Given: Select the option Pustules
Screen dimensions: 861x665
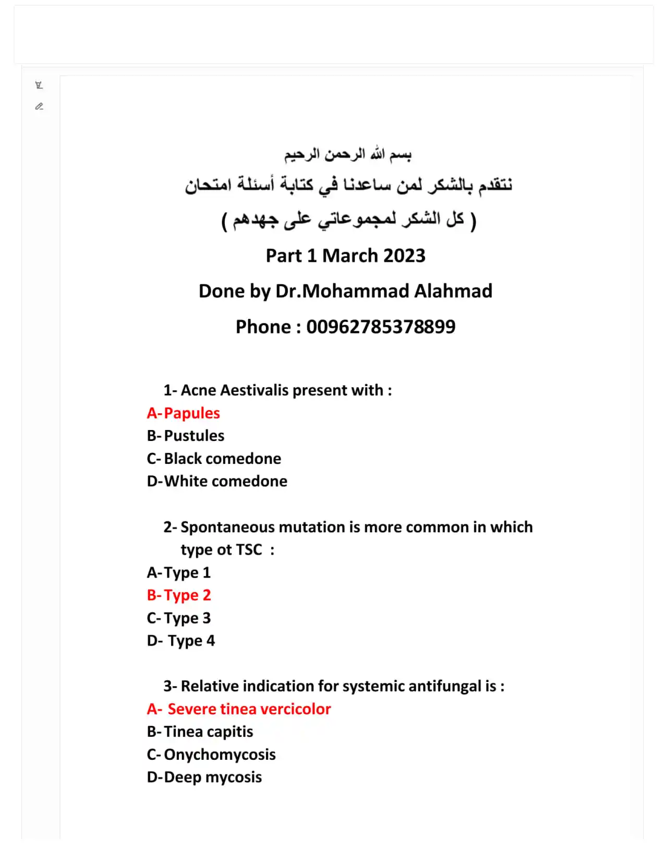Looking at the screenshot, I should pos(194,436).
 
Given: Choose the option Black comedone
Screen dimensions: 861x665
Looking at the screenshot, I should pos(222,459).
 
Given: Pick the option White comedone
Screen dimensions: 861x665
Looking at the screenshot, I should pos(225,481).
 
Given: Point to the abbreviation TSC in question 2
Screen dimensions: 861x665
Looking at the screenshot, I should pos(249,550).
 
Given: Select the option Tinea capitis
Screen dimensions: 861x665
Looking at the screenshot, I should pos(208,732).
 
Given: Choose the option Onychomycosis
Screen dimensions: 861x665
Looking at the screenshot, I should pos(220,755).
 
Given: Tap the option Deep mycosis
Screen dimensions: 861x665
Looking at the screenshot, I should pos(213,777).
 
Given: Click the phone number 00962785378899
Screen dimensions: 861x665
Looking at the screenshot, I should pos(381,327).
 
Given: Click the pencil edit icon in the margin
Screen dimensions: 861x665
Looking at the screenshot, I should pos(39,106).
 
